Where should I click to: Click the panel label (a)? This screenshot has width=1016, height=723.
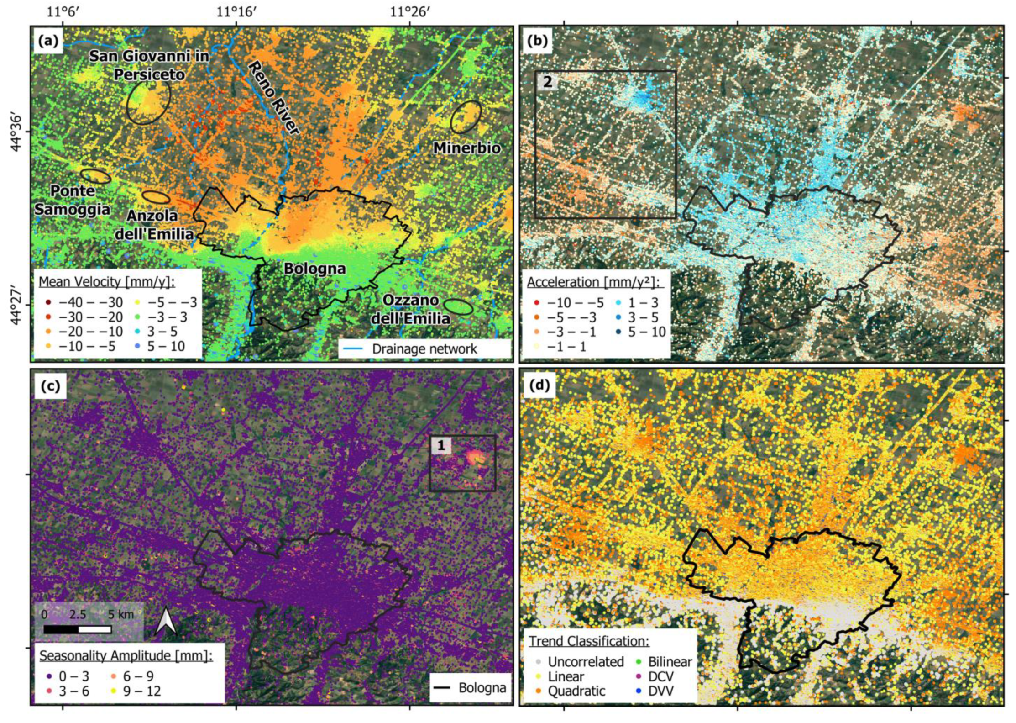(49, 42)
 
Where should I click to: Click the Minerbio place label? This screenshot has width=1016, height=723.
(466, 148)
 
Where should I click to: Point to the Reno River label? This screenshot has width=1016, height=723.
(272, 98)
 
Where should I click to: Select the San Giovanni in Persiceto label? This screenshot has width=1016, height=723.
(149, 64)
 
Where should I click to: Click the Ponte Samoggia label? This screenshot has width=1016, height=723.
(73, 200)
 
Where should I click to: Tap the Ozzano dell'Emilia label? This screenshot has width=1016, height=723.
(410, 309)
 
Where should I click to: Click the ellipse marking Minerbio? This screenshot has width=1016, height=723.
(466, 117)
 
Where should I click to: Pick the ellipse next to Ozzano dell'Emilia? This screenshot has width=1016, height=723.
(458, 307)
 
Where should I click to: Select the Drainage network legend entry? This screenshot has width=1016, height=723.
(424, 349)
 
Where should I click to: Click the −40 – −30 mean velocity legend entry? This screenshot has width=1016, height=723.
(84, 302)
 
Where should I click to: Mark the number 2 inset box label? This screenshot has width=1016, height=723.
(547, 82)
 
